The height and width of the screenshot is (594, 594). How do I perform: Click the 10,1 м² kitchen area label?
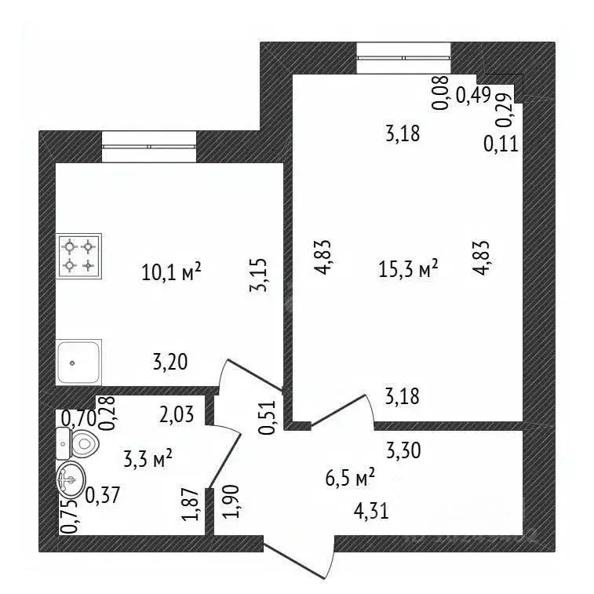point(171,271)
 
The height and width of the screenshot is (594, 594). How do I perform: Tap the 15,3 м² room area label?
point(408,268)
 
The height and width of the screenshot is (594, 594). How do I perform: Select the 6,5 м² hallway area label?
point(350,477)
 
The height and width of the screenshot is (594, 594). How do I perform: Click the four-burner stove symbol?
point(78,256)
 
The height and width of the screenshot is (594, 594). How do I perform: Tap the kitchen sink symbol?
point(78,363)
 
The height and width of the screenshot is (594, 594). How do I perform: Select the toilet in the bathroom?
point(77,443)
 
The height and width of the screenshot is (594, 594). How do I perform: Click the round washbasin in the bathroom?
point(71,479)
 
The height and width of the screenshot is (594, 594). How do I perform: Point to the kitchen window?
point(149,147)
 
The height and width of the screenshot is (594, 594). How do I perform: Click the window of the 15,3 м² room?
point(404,58)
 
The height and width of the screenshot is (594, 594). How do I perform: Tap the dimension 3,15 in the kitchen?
point(259,275)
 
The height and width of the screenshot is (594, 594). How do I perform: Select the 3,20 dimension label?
point(170,362)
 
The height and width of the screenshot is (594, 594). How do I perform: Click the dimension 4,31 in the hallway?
point(371,512)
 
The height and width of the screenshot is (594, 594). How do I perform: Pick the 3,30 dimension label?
point(403,451)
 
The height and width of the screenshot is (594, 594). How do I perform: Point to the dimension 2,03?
point(177,414)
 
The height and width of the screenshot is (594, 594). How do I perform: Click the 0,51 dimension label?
point(268,417)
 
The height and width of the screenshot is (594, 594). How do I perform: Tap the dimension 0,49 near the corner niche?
point(473,95)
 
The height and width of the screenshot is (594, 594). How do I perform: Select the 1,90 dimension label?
point(231,501)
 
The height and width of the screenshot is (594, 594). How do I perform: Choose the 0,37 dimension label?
point(102,495)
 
